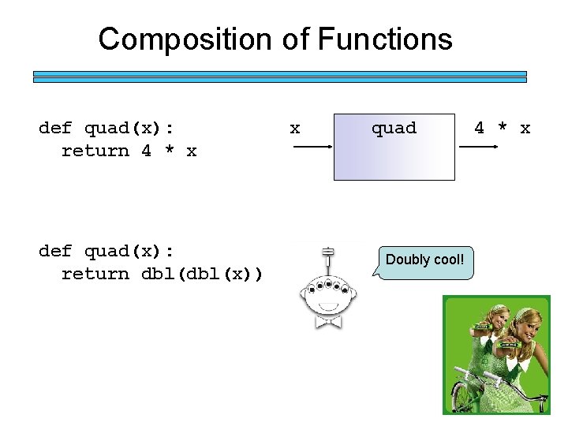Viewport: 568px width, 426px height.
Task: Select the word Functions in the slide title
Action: pos(384,39)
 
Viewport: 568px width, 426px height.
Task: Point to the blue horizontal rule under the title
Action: pos(279,77)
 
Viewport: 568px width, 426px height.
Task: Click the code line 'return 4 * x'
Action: pos(129,151)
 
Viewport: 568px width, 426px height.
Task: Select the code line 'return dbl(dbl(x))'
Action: pos(163,274)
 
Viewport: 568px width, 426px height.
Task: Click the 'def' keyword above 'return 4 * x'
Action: pos(54,128)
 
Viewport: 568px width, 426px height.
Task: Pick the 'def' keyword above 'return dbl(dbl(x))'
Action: pos(54,251)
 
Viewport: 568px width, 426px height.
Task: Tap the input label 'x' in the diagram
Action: pos(294,128)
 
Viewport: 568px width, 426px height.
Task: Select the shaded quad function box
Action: pos(394,158)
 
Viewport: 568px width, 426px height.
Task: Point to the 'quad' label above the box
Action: pos(394,128)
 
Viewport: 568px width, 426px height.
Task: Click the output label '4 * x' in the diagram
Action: pos(502,128)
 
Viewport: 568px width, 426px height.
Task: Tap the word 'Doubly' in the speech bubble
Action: pos(407,260)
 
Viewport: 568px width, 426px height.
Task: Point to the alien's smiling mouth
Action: pos(327,306)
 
